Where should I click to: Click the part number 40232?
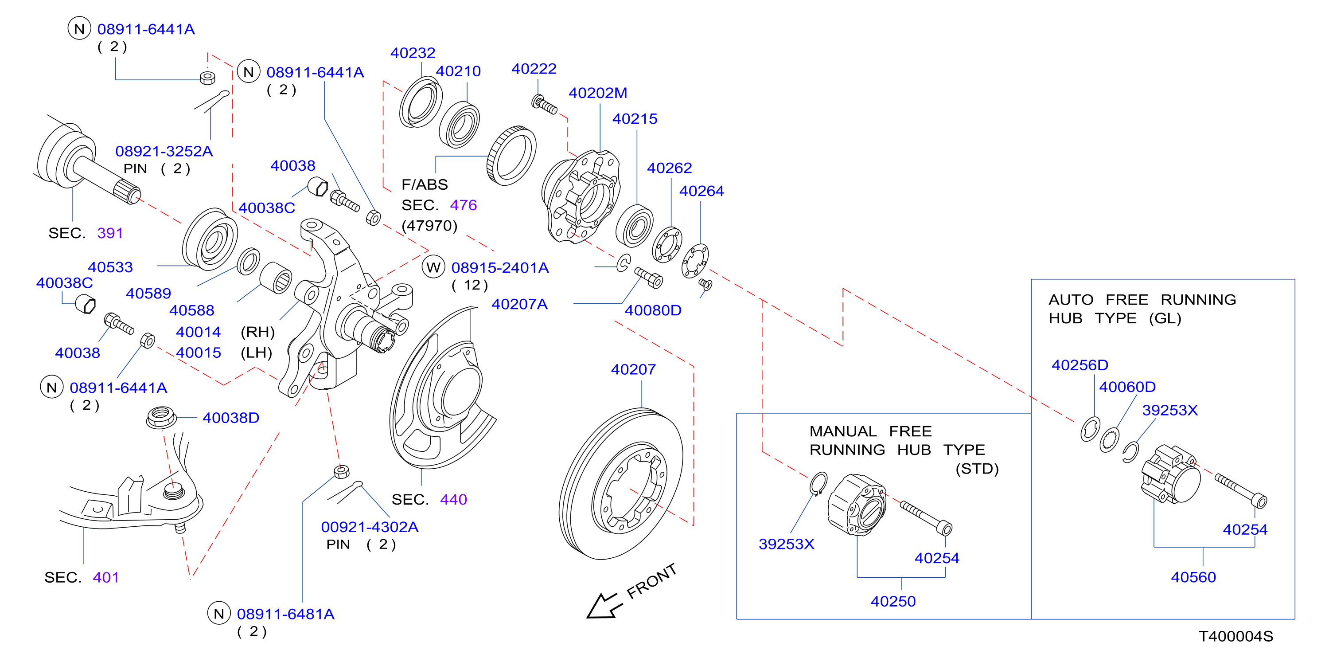(413, 53)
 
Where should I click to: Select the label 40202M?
(598, 93)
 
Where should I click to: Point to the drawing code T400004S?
(1235, 636)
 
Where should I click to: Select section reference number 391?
(110, 233)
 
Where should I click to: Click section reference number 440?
(453, 500)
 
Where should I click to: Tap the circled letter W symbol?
(433, 267)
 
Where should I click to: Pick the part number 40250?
(893, 601)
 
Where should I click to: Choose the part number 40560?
(1193, 577)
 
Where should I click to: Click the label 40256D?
(1080, 365)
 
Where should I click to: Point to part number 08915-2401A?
(500, 268)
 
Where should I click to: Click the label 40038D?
(230, 418)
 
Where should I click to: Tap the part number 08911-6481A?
(286, 614)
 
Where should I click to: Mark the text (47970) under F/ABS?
(430, 226)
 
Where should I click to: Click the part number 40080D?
(653, 310)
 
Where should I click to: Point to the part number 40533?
(110, 267)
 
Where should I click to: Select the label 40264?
(702, 191)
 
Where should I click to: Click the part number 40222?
(534, 69)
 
